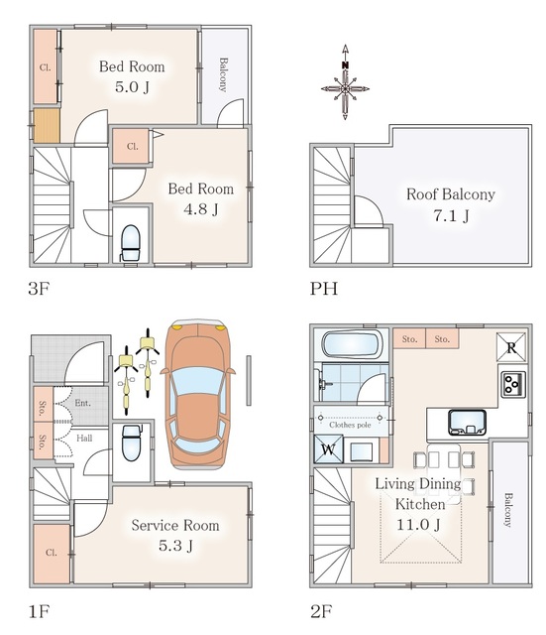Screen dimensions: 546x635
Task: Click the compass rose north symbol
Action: (345, 82)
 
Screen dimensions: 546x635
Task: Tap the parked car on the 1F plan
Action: (198, 395)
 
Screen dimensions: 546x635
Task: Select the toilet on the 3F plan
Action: (130, 243)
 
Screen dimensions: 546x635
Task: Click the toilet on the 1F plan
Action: (131, 443)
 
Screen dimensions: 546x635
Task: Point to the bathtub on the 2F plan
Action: (352, 344)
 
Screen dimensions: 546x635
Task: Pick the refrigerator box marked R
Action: (511, 347)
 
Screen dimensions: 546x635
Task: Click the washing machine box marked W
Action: (328, 448)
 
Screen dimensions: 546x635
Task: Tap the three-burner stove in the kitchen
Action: (513, 384)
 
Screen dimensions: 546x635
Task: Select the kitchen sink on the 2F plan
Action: (467, 423)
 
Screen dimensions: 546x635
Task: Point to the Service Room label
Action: (175, 525)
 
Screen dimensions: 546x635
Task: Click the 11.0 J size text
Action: (418, 525)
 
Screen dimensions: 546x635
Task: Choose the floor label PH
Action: (324, 289)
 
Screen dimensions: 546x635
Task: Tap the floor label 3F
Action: (39, 289)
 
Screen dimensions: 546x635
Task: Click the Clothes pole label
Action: (350, 425)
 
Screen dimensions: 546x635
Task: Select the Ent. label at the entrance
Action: (83, 403)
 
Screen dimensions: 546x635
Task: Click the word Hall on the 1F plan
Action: (84, 439)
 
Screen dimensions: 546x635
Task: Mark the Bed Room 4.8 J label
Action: (201, 198)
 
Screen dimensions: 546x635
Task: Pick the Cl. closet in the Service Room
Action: (52, 553)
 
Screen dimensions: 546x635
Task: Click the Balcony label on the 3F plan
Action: (223, 74)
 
